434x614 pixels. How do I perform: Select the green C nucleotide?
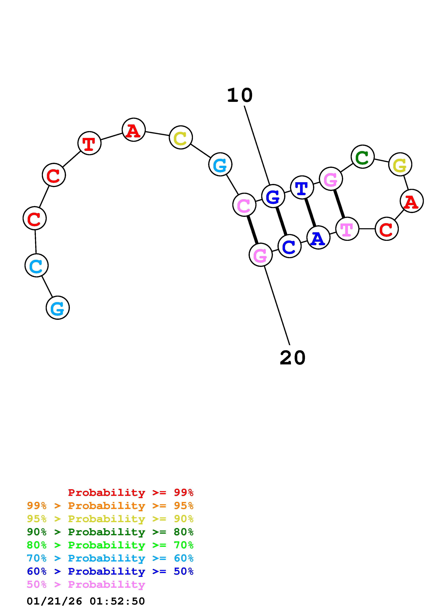point(362,157)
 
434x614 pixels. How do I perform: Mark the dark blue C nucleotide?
point(289,246)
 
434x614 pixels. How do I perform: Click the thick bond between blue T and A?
point(310,213)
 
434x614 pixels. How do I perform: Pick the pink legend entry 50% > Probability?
point(86,585)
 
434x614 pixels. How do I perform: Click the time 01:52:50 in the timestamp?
point(117,601)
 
